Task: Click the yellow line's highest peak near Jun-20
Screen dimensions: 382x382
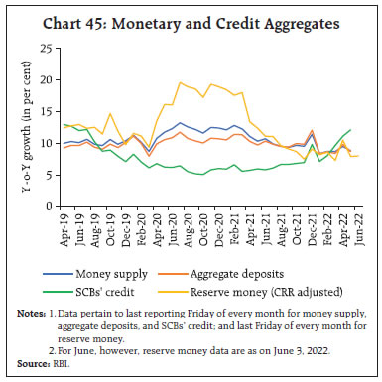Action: (x=180, y=82)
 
